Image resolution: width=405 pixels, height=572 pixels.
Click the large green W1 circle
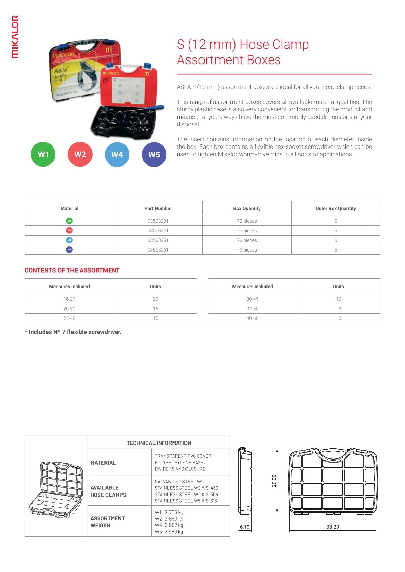point(43,155)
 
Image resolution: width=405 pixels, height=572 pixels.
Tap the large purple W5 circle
point(154,155)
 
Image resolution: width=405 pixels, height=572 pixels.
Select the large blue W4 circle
point(117,155)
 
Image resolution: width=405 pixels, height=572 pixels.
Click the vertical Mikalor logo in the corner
point(15,37)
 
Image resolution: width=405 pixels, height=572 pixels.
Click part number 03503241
point(158,230)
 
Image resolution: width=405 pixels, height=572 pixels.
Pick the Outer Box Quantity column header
point(335,208)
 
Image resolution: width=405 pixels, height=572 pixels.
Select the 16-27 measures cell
point(69,299)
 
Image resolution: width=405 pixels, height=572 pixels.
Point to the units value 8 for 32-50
point(339,309)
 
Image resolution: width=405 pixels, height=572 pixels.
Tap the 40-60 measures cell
point(252,318)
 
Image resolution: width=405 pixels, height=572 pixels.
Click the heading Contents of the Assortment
point(72,270)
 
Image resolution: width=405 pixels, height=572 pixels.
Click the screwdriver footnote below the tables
point(73,332)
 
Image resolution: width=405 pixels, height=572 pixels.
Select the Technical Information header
point(159,443)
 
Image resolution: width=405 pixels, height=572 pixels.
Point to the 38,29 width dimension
point(333,527)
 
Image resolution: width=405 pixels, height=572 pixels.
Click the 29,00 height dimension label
point(274,481)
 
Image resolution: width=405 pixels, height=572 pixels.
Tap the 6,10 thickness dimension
point(244,527)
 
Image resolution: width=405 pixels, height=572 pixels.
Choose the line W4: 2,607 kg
point(169,525)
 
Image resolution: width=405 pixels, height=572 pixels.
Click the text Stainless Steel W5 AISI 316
point(185,501)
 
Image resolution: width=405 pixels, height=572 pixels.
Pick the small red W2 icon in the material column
point(69,230)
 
